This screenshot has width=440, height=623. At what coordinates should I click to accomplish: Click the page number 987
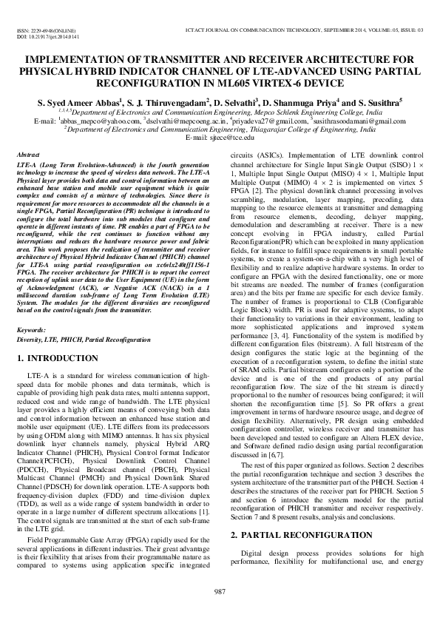tap(220, 590)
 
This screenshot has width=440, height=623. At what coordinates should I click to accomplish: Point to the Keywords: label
tap(33, 329)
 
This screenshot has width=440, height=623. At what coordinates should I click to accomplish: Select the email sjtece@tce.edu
tap(231, 137)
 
